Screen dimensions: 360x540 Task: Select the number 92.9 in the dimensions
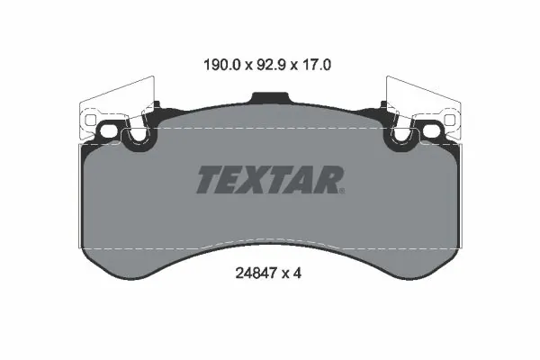point(270,65)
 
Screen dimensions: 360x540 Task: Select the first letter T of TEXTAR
point(208,179)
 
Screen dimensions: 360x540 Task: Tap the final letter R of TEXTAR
point(326,179)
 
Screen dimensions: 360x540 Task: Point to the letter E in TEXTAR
point(233,179)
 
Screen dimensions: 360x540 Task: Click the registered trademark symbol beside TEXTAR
point(342,190)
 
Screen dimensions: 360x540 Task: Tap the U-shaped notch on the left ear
point(138,137)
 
